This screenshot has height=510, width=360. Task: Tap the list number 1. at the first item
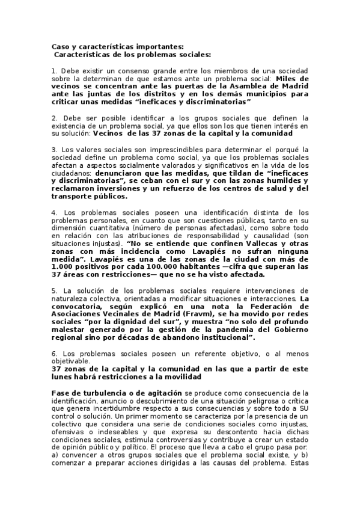tap(54, 71)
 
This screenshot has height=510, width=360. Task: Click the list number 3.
tap(54, 149)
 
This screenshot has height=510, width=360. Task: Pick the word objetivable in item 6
tap(71, 361)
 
